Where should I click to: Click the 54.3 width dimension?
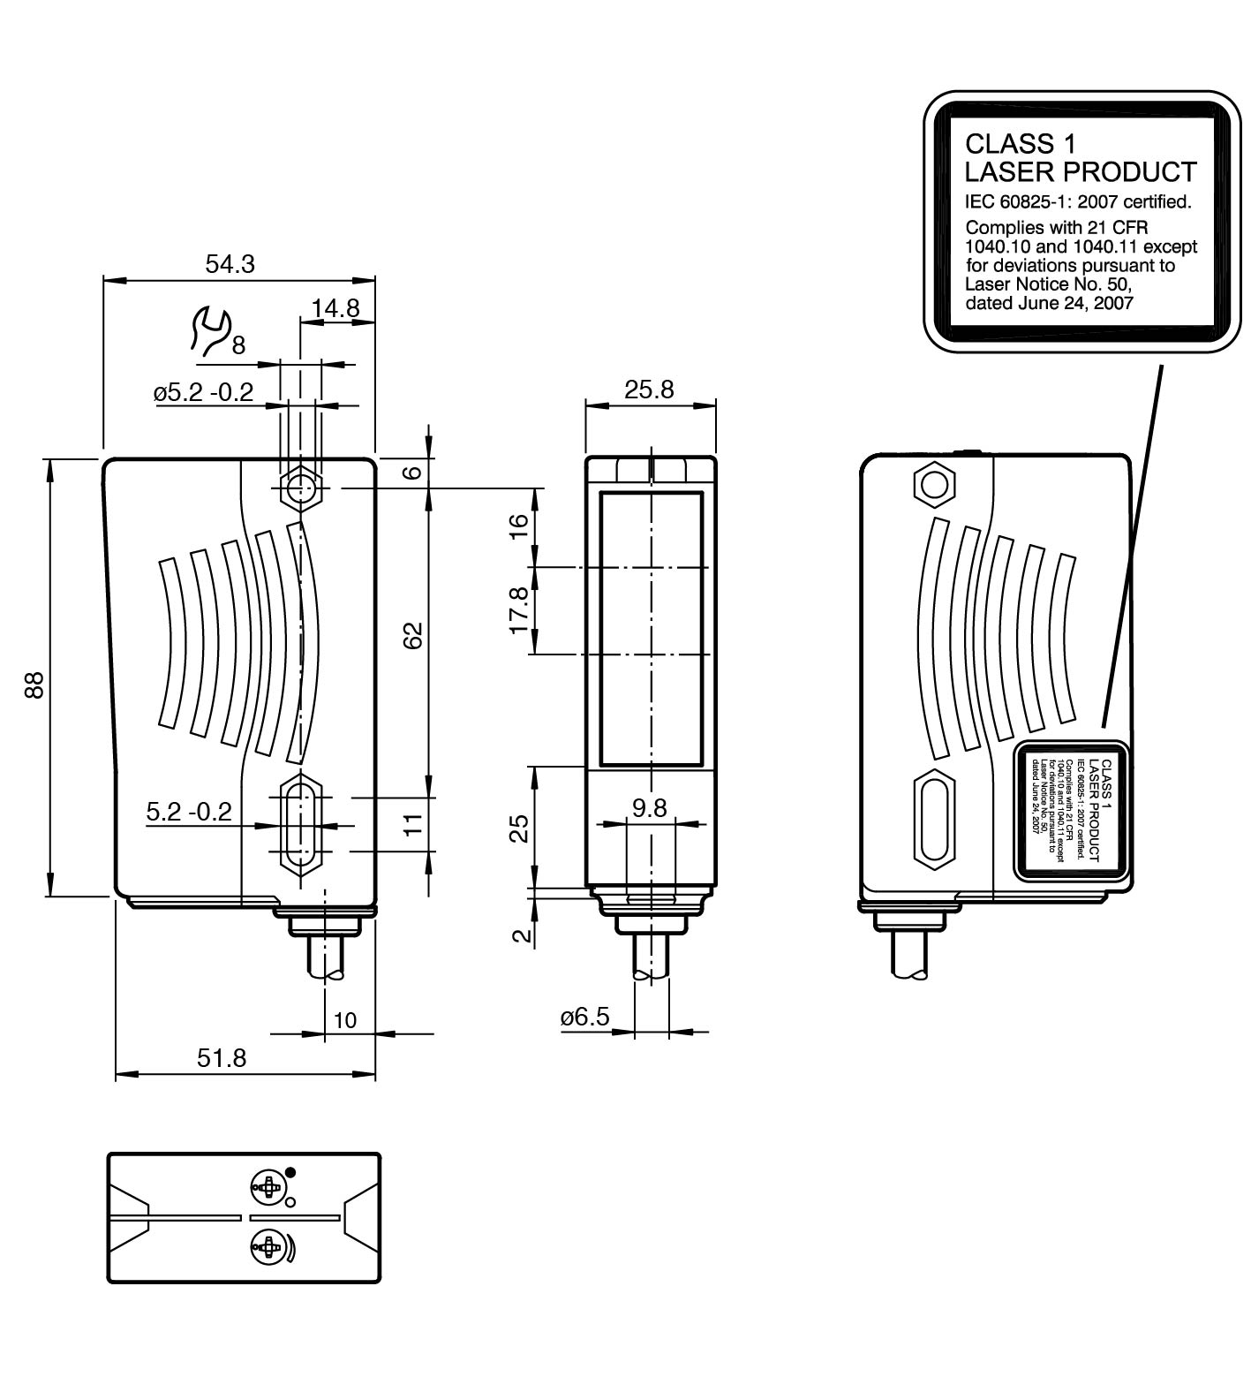pos(230,263)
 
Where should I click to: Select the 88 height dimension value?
pos(34,685)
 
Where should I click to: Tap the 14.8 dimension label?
pos(335,307)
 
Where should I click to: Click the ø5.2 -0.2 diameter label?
pos(204,391)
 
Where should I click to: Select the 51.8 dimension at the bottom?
pos(222,1057)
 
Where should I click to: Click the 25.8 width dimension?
pos(649,389)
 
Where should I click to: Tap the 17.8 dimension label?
pos(519,609)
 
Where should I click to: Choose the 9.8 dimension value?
pos(649,807)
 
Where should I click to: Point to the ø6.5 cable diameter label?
pos(584,1017)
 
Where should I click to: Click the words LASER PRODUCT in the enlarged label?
pos(1081,171)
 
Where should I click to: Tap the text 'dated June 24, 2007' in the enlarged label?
pos(1050,303)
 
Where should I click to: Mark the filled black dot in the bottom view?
pos(291,1173)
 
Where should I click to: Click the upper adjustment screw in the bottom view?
pos(268,1188)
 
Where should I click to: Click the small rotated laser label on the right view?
pos(1071,810)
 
